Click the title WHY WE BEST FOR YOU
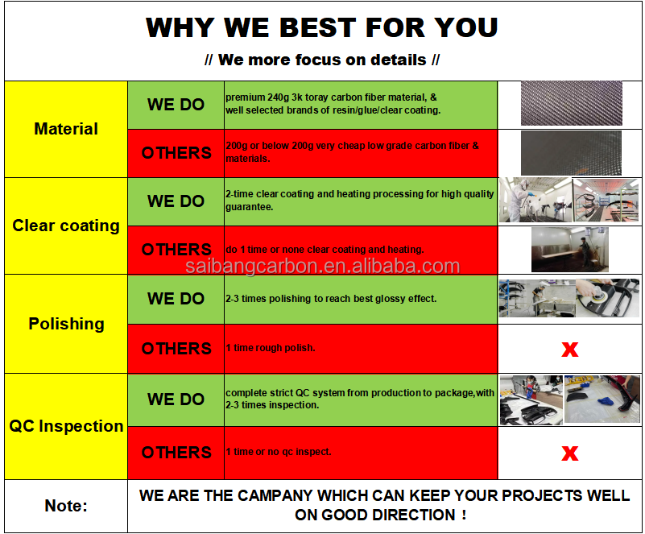[321, 27]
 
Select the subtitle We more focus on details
[321, 60]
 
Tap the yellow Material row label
[66, 129]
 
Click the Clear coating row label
[66, 226]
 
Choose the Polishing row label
[66, 324]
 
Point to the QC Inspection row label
[66, 426]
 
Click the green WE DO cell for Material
[176, 105]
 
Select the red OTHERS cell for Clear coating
[176, 250]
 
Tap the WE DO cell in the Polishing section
[176, 299]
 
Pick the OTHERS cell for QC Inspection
[176, 453]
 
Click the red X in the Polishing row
[570, 350]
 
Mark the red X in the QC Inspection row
[570, 453]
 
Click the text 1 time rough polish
[271, 348]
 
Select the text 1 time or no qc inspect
[278, 452]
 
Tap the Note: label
[66, 506]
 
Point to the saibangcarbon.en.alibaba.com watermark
[322, 266]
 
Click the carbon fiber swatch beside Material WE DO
[572, 103]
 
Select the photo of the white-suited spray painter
[535, 201]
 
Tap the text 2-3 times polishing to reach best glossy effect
[331, 299]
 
